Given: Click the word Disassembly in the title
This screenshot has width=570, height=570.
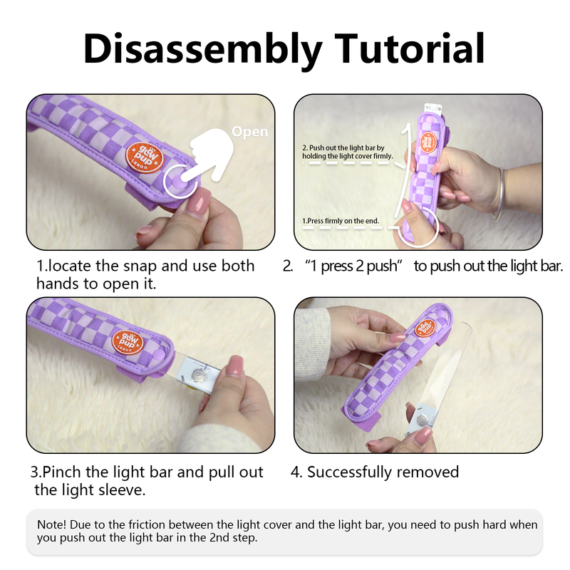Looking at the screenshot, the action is click(203, 50).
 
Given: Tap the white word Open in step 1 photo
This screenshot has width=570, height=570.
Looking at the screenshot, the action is click(250, 132).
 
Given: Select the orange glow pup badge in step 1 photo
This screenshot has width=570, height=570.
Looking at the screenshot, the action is click(145, 157).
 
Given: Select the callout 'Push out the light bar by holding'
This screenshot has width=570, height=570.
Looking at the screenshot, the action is click(347, 152).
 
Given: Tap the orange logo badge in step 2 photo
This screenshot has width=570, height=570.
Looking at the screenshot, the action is click(429, 142).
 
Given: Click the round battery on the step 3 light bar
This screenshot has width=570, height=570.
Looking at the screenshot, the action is click(197, 373).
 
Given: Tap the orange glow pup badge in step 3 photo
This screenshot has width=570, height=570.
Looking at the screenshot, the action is click(128, 343).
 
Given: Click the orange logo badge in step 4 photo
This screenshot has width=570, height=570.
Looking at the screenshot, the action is click(425, 328).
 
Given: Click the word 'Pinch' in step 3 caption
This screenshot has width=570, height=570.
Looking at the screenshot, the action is click(61, 472).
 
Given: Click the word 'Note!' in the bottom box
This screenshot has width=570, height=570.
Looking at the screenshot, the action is click(51, 524).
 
